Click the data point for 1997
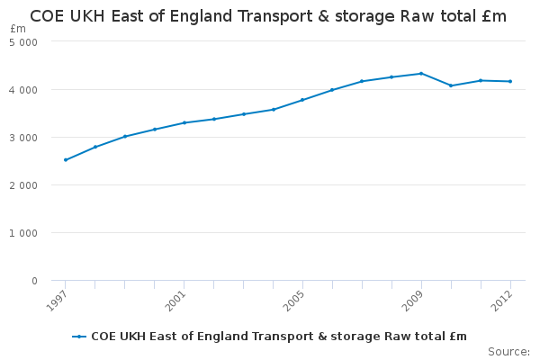pyautogui.click(x=66, y=160)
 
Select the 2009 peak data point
pyautogui.click(x=421, y=74)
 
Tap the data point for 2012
pyautogui.click(x=510, y=81)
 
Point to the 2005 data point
pyautogui.click(x=302, y=100)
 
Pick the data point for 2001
pyautogui.click(x=184, y=122)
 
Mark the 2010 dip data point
pyautogui.click(x=451, y=85)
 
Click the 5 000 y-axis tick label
pyautogui.click(x=23, y=42)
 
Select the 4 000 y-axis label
pyautogui.click(x=23, y=90)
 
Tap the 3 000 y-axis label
pyautogui.click(x=23, y=138)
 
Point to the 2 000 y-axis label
pyautogui.click(x=23, y=185)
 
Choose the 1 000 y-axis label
pyautogui.click(x=23, y=233)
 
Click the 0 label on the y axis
pyautogui.click(x=34, y=281)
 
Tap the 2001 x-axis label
pyautogui.click(x=175, y=301)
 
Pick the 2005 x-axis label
pyautogui.click(x=294, y=301)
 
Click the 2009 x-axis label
pyautogui.click(x=412, y=301)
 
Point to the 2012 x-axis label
pyautogui.click(x=502, y=301)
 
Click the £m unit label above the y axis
pyautogui.click(x=18, y=29)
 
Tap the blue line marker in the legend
pyautogui.click(x=79, y=337)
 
